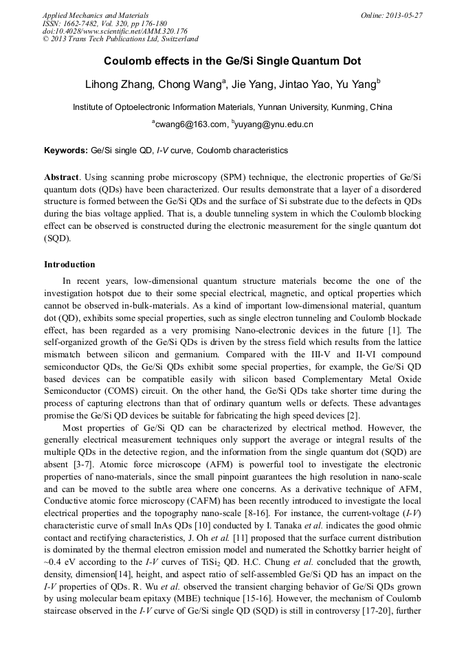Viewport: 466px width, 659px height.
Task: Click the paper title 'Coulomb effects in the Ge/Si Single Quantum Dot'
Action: (232, 61)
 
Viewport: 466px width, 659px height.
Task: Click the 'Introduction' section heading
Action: (69, 264)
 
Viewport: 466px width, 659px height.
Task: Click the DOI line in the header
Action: (115, 31)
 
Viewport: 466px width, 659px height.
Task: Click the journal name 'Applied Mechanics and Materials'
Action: (96, 15)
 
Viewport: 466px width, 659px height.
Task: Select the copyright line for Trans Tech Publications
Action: (120, 39)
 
